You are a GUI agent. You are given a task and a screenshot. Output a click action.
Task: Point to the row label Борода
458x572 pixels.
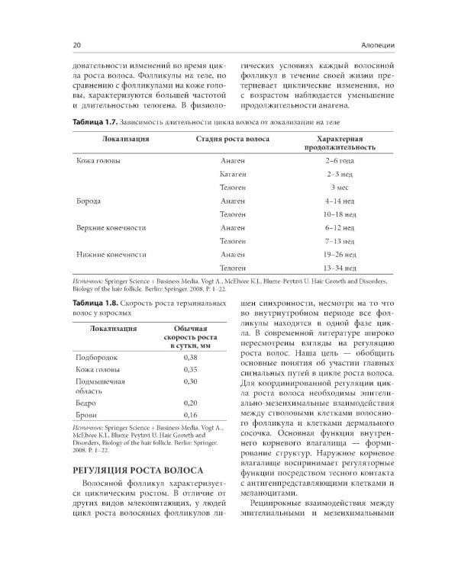(x=89, y=201)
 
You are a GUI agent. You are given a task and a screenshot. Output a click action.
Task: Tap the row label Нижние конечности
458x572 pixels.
(x=111, y=255)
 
